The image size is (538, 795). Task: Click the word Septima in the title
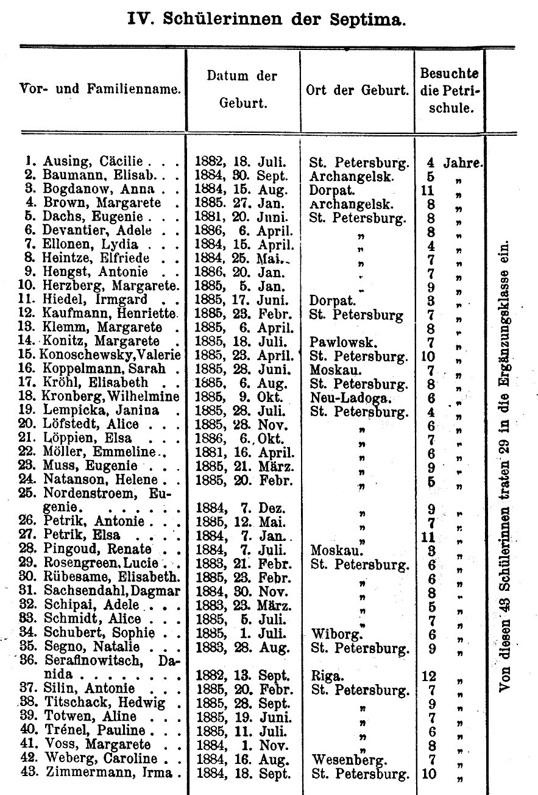pyautogui.click(x=372, y=19)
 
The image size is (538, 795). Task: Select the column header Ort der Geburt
pyautogui.click(x=357, y=91)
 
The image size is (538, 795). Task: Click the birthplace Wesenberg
pyautogui.click(x=348, y=760)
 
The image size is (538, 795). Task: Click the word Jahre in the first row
pyautogui.click(x=462, y=163)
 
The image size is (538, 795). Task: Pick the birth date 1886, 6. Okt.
pyautogui.click(x=242, y=439)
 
